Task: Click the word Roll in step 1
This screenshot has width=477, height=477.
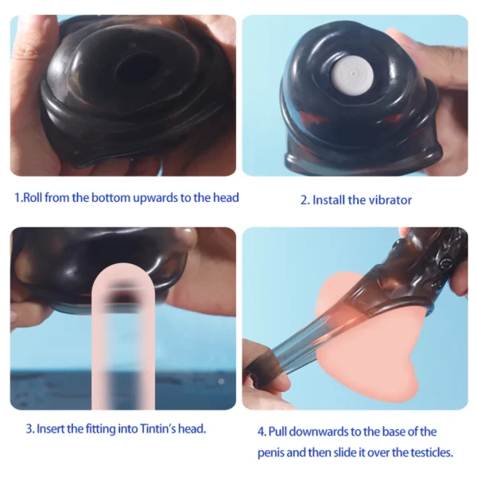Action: pos(33,198)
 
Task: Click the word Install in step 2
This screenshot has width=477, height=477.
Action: pos(329,200)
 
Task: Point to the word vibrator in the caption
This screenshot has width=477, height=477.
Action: pos(390,200)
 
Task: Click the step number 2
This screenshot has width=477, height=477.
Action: pos(304,200)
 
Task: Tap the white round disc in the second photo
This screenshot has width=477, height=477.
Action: pos(352,74)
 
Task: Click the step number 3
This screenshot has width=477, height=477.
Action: pos(30,429)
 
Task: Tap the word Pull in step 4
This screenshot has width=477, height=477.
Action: pos(277,432)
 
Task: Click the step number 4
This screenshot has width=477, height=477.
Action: pos(262,432)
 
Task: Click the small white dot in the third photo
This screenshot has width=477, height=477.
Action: pos(221,381)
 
